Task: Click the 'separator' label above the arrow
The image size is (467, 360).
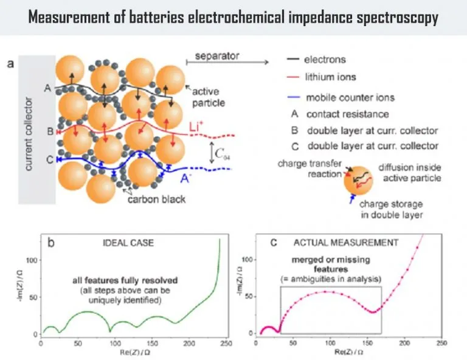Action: point(217,57)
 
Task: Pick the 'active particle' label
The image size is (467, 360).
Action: point(209,97)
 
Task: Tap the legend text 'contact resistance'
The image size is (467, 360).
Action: point(347,114)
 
